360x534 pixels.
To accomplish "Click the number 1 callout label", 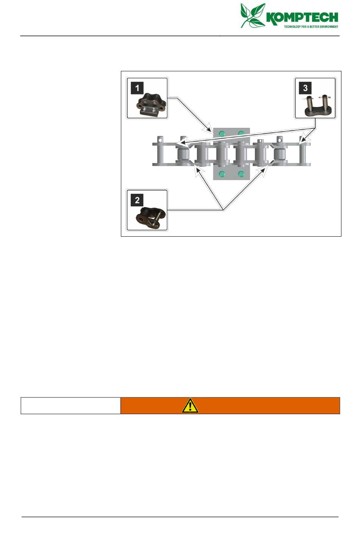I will [137, 88].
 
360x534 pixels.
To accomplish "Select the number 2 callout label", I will [137, 200].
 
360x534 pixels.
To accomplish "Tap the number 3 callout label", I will [305, 88].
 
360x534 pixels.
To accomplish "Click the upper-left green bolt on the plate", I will [222, 133].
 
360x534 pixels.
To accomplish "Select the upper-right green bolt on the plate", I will [241, 133].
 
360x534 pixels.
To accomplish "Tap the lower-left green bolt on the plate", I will [222, 174].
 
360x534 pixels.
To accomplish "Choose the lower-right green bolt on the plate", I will [241, 174].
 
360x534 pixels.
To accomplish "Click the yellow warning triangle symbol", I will [190, 406].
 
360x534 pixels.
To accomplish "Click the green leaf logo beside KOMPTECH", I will [253, 15].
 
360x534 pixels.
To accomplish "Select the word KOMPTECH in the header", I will [302, 17].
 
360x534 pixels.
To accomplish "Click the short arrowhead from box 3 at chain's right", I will [302, 143].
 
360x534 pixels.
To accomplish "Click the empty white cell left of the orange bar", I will [70, 406].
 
